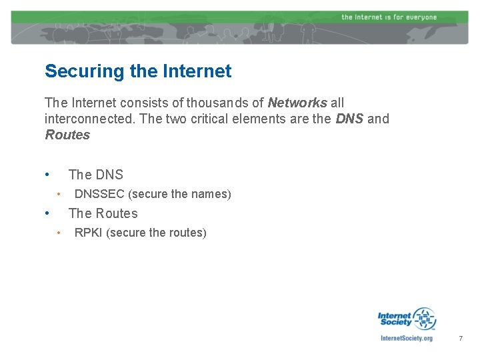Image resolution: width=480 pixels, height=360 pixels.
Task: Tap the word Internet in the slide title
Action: point(198,71)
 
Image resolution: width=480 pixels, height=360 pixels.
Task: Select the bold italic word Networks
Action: point(297,103)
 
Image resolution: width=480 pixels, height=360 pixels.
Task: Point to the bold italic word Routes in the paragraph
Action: point(67,135)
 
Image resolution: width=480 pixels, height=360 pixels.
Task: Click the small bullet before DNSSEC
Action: point(59,194)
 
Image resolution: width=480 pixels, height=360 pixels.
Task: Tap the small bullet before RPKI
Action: point(59,233)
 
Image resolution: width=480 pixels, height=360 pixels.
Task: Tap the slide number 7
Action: point(460,339)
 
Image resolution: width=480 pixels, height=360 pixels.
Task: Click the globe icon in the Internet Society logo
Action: point(423,318)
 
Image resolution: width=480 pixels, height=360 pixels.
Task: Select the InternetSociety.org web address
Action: point(406,338)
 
